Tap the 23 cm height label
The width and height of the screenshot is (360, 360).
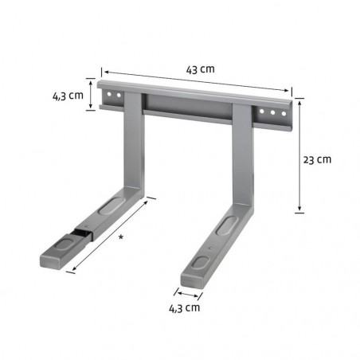pyautogui.click(x=318, y=158)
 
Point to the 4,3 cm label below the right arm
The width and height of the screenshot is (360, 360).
pyautogui.click(x=184, y=307)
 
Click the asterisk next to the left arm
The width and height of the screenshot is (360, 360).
pyautogui.click(x=119, y=237)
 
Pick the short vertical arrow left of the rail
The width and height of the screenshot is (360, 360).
pyautogui.click(x=95, y=95)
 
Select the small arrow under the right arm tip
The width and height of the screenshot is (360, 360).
pyautogui.click(x=189, y=292)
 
